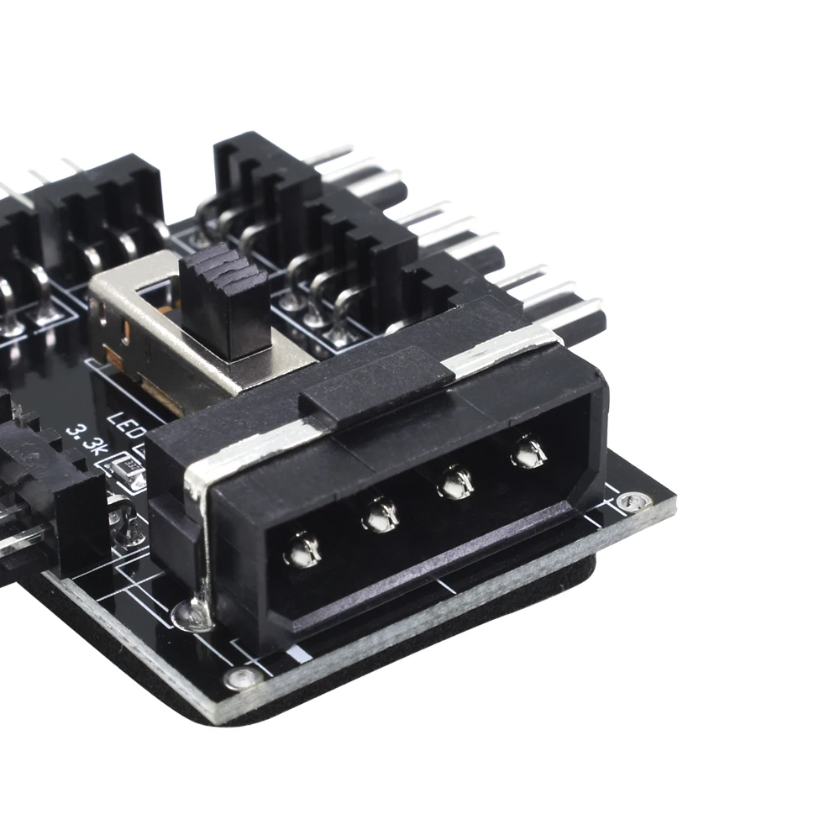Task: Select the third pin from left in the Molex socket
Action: [456, 482]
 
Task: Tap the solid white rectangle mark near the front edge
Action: [295, 653]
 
